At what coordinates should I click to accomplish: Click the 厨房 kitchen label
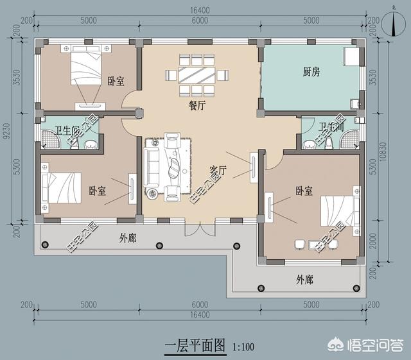(x=311, y=72)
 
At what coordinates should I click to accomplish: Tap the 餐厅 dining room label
(x=197, y=107)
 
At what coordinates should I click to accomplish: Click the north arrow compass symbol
(x=392, y=22)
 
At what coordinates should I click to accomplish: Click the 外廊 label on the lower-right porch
(x=304, y=280)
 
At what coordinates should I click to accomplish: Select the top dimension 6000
(x=200, y=21)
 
